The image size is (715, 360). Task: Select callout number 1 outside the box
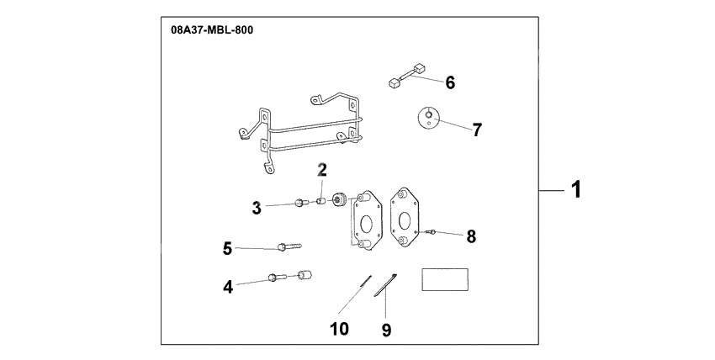(x=575, y=191)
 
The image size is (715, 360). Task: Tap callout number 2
(x=321, y=170)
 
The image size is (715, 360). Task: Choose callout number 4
(x=228, y=286)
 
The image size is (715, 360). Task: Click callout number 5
(x=227, y=248)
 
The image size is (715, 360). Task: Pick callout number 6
(x=450, y=82)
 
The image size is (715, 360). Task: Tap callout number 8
(x=471, y=236)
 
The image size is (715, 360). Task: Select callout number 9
(x=386, y=331)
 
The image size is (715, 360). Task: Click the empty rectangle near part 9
(x=445, y=279)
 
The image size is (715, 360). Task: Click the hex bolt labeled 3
(x=300, y=203)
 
